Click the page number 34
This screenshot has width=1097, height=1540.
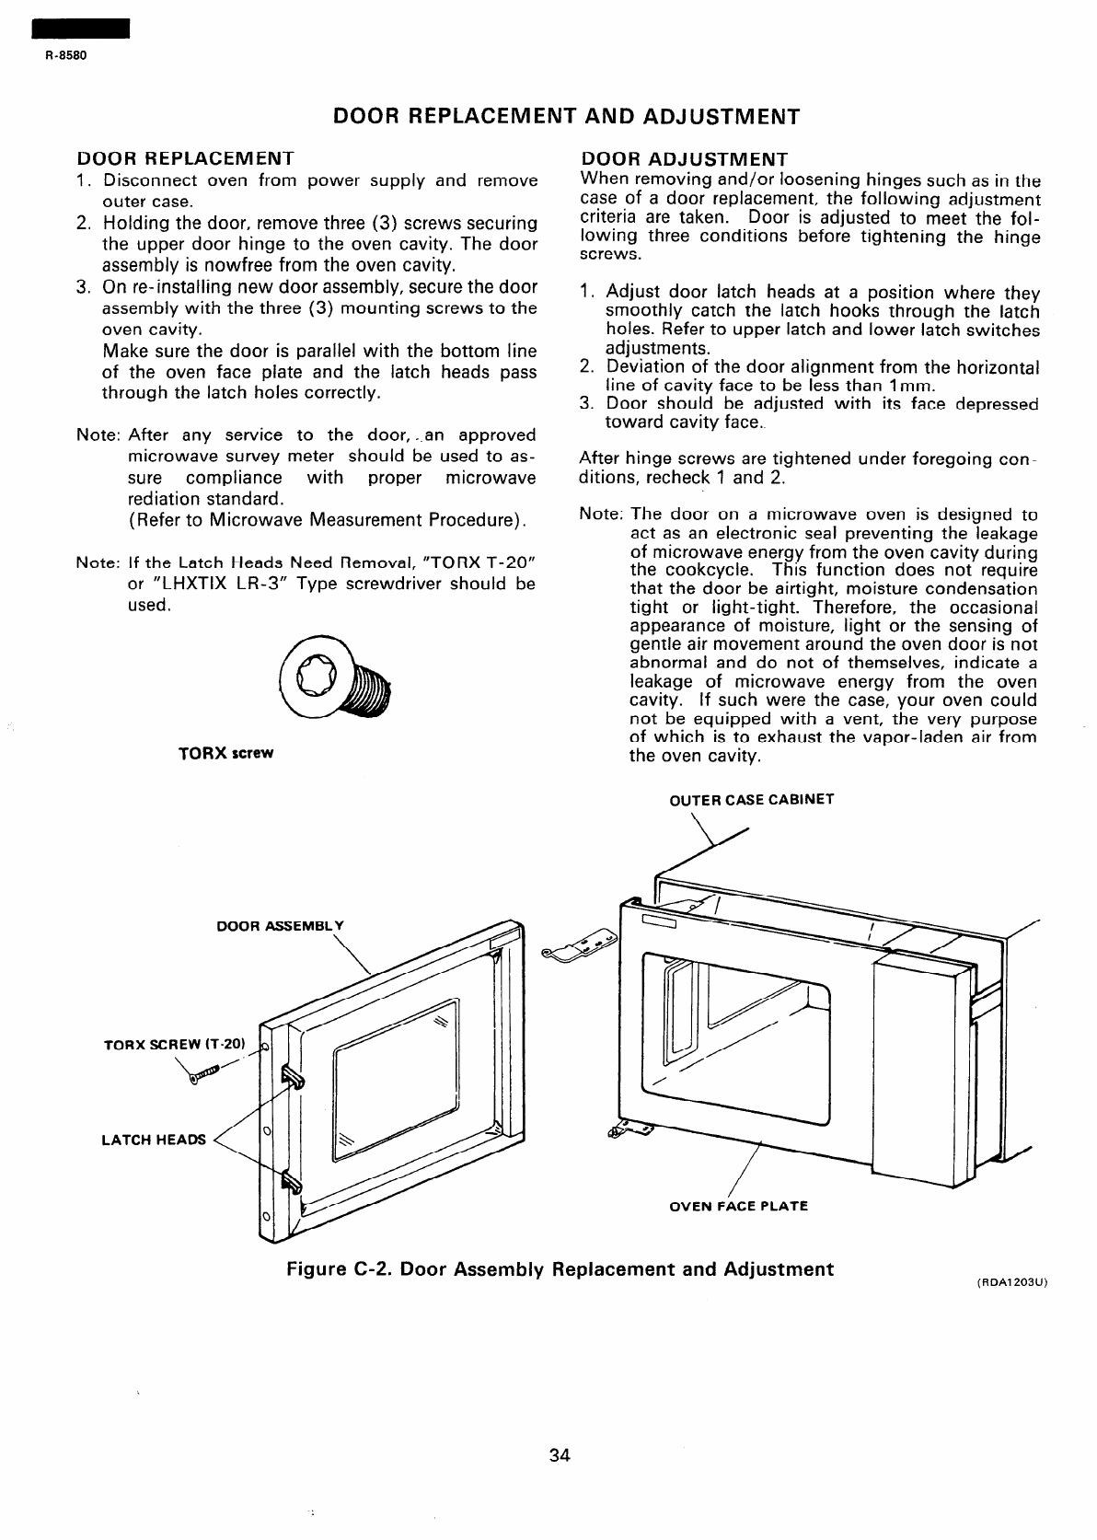click(560, 1455)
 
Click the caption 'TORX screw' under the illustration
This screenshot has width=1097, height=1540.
click(225, 753)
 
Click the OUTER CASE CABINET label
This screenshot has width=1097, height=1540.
click(751, 799)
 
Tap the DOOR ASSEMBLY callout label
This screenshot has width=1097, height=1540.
click(280, 925)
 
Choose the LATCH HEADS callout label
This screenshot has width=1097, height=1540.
click(154, 1140)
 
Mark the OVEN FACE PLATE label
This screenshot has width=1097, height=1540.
click(738, 1206)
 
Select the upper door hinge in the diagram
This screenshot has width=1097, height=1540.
click(582, 946)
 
